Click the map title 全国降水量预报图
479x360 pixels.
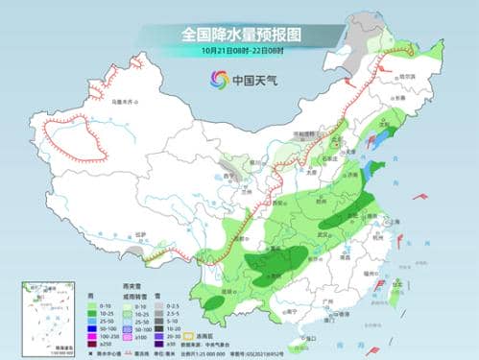tap(239, 34)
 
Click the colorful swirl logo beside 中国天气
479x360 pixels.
tap(218, 80)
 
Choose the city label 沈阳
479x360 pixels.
tap(391, 125)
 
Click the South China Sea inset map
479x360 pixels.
tap(48, 316)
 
